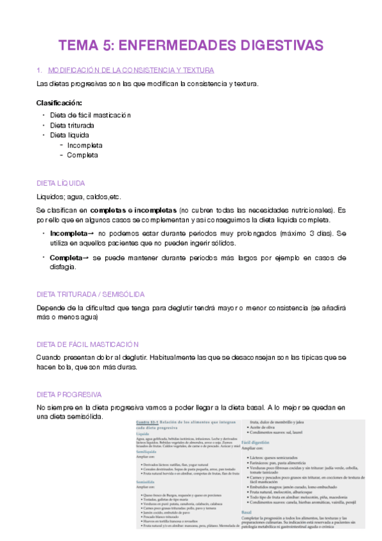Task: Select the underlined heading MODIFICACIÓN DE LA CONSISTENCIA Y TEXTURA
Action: click(x=131, y=70)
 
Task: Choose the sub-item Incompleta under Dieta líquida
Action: click(x=85, y=145)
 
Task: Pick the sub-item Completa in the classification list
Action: click(x=82, y=155)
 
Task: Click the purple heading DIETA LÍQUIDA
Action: click(x=61, y=182)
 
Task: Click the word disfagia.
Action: click(x=63, y=267)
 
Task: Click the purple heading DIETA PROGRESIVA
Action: click(x=69, y=394)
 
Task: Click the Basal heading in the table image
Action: click(x=246, y=511)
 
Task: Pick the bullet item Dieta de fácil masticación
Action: click(x=90, y=115)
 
